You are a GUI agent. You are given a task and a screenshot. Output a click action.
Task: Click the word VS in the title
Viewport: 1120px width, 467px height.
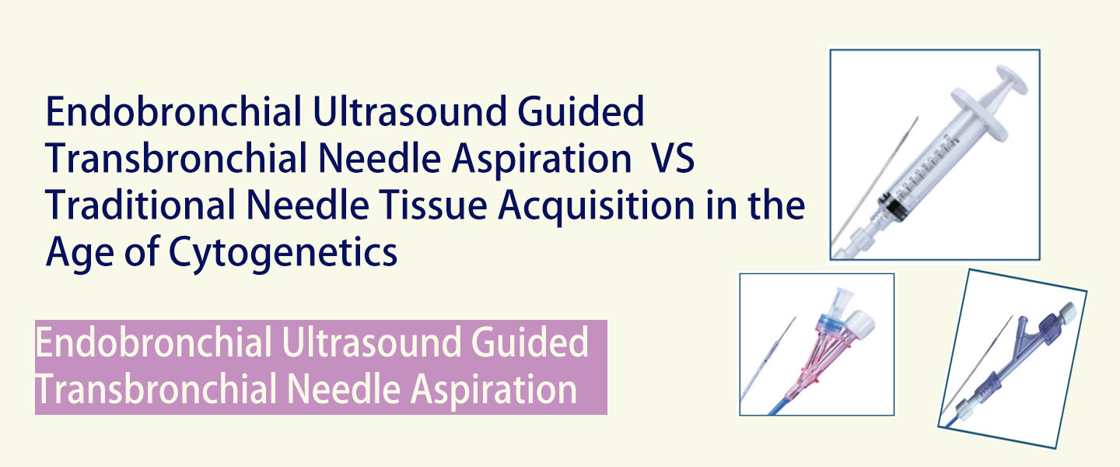click(673, 159)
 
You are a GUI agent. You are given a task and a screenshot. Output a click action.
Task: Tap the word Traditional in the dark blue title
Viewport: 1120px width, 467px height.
click(140, 205)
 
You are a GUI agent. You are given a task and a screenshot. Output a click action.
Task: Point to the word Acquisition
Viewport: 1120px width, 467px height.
click(596, 206)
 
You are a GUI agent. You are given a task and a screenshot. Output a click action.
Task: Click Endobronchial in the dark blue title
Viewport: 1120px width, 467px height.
click(173, 111)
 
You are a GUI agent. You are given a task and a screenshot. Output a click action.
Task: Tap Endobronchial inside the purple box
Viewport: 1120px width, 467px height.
click(153, 342)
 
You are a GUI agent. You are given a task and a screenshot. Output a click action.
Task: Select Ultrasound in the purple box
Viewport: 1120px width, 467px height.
click(371, 342)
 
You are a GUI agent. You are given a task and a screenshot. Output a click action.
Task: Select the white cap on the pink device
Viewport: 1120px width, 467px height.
click(861, 323)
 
